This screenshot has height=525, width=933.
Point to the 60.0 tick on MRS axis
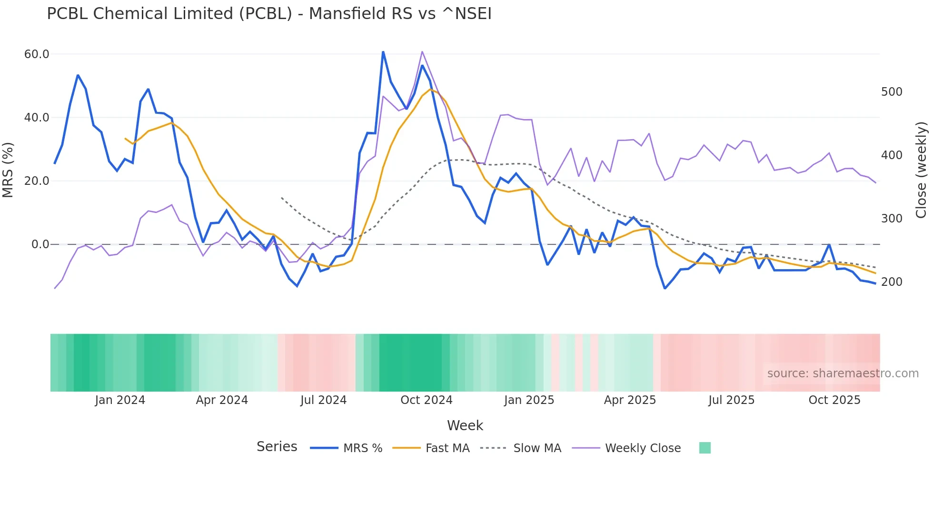(x=37, y=54)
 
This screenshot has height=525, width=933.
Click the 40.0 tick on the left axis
(x=37, y=118)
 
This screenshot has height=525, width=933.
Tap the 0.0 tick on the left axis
(x=40, y=244)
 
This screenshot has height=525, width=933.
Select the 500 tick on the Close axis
(x=892, y=92)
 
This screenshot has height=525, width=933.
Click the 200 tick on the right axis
(x=892, y=282)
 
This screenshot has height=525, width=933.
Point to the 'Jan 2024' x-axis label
(x=120, y=400)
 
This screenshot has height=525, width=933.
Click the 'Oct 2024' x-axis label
(x=426, y=400)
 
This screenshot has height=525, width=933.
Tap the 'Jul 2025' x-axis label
(x=731, y=400)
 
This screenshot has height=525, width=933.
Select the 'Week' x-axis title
(x=465, y=425)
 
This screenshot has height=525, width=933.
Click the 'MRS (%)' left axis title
(x=8, y=170)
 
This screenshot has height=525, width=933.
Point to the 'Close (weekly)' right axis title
(x=922, y=170)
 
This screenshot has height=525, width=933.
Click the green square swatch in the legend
(x=705, y=448)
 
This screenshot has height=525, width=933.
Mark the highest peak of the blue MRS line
(x=383, y=52)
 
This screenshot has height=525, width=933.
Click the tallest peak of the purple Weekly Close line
(x=422, y=51)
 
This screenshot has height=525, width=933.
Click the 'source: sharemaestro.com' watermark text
(x=843, y=374)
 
